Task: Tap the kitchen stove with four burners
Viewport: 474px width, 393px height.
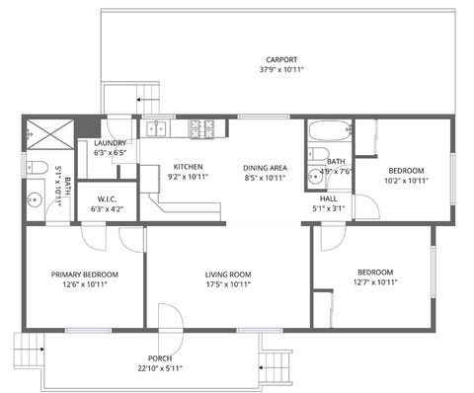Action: [202, 127]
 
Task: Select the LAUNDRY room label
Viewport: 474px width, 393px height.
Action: [110, 143]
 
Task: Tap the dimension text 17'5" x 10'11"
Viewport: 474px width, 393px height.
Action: [228, 284]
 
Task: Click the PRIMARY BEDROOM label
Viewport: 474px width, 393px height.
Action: [85, 274]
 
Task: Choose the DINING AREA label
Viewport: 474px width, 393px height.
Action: [264, 167]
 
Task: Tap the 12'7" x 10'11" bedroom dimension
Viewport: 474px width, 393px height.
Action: [375, 282]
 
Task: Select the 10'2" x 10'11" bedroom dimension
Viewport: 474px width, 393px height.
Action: [405, 181]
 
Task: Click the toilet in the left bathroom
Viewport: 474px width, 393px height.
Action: [33, 166]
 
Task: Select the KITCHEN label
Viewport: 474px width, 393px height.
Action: [188, 167]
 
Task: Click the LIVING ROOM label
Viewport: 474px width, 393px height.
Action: [228, 274]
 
